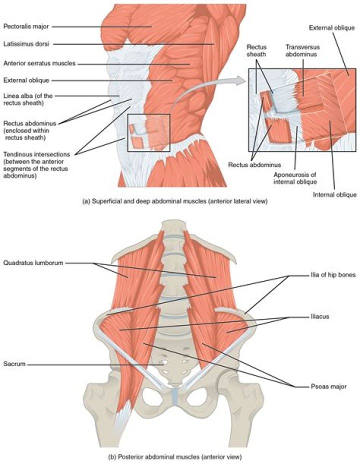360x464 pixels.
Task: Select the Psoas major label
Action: [x=327, y=386]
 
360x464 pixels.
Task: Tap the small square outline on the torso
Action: [x=148, y=132]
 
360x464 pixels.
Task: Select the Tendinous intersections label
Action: [x=34, y=163]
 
